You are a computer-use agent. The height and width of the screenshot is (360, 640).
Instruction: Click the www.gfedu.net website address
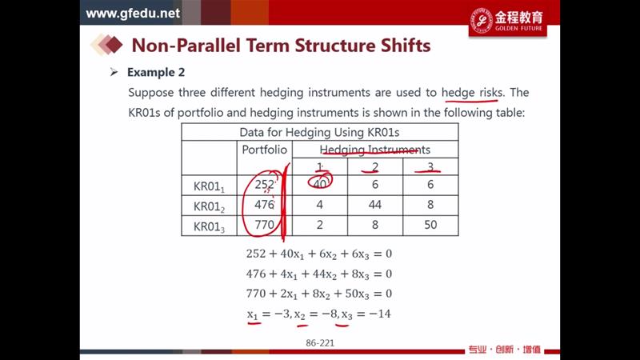pos(133,13)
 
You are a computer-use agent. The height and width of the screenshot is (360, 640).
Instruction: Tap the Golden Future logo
pos(507,21)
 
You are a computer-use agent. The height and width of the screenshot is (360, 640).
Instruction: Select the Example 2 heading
pos(156,72)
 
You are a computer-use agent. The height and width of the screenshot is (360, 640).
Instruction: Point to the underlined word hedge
pos(458,93)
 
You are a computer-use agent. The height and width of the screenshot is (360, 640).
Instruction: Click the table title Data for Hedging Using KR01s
pos(319,132)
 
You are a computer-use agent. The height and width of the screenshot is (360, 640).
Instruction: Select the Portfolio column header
pos(265,150)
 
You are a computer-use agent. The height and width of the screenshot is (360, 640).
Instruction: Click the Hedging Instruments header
pos(374,150)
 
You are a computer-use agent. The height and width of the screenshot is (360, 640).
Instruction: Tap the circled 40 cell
pos(319,185)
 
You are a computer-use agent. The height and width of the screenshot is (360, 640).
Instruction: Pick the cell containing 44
pos(374,205)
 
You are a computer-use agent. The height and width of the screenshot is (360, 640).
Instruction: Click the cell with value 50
pos(430,225)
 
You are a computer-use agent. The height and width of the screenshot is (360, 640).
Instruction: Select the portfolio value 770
pos(265,225)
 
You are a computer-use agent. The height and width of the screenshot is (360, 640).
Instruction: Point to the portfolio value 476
pos(265,205)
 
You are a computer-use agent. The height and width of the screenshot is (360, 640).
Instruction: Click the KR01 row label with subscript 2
pos(209,206)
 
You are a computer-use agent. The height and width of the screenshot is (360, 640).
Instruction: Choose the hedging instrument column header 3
pos(430,167)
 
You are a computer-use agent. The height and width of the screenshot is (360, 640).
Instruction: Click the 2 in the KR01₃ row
pos(319,225)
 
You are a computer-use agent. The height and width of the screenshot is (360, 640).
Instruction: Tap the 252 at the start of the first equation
pos(256,254)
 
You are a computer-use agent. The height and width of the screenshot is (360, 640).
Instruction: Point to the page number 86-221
pos(320,343)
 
